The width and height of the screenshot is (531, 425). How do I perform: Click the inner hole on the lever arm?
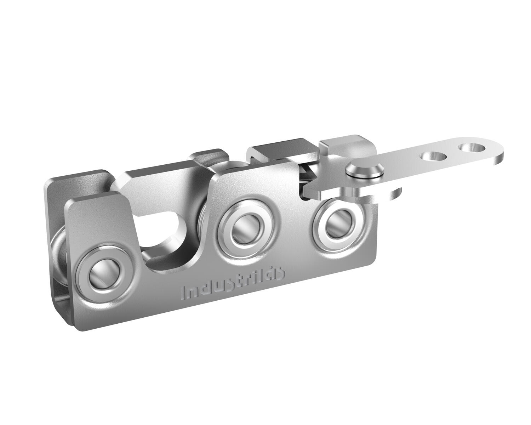[431, 155]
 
